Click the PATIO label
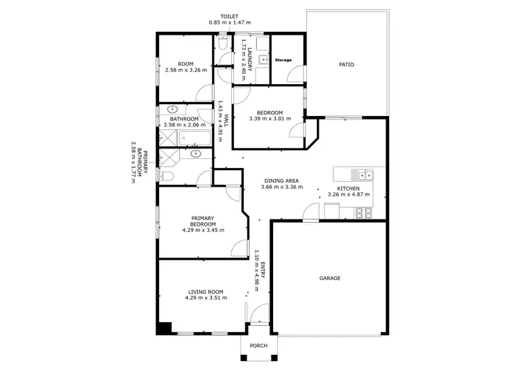click(346, 65)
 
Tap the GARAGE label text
click(329, 278)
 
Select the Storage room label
click(283, 60)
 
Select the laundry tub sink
click(263, 60)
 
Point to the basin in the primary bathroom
click(195, 153)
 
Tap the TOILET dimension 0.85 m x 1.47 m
click(229, 23)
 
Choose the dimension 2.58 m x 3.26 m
click(185, 70)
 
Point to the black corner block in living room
click(164, 328)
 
